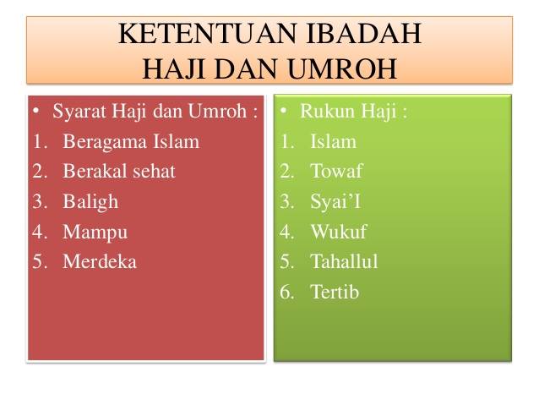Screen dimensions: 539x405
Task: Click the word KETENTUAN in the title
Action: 207,33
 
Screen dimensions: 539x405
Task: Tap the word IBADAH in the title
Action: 363,33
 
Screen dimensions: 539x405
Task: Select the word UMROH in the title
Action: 342,68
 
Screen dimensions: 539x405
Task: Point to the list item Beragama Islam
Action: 131,142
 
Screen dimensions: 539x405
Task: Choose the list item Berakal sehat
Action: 119,171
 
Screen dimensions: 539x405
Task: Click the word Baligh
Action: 90,202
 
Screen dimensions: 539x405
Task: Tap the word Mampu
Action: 95,233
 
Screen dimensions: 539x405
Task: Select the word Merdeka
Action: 100,261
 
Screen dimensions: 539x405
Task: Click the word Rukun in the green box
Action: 323,111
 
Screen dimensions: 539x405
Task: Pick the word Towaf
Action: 336,171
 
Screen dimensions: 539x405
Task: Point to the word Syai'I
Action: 335,202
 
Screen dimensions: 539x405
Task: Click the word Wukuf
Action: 339,232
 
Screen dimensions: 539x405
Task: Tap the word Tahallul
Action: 344,261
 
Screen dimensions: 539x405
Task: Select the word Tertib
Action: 335,292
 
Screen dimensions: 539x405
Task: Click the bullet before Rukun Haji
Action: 283,111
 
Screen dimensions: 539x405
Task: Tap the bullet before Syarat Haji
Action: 35,111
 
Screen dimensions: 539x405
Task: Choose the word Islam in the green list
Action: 333,142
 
